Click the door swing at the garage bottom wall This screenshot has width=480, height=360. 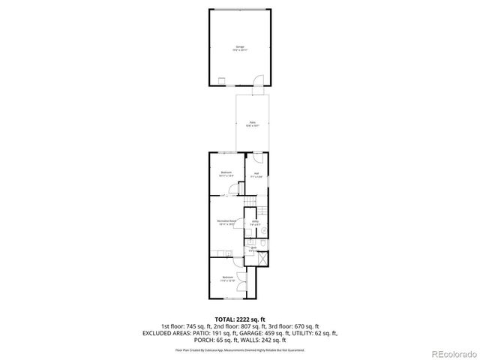click(x=256, y=82)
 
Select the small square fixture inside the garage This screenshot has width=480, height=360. click(x=222, y=81)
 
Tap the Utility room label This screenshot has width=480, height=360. click(x=255, y=223)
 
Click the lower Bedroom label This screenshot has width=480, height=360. click(x=227, y=279)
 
